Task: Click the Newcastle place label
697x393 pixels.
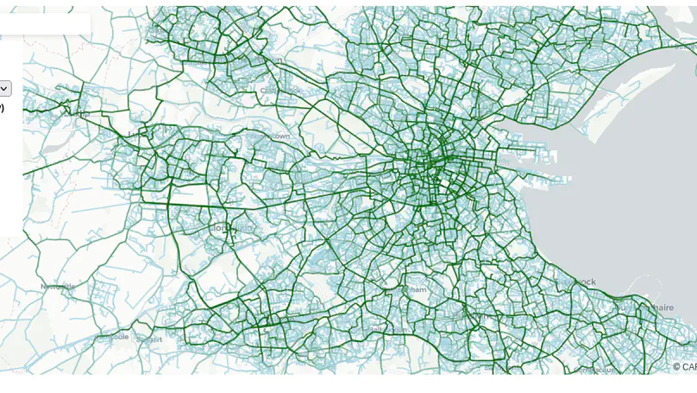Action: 58,286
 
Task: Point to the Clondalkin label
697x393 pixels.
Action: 231,228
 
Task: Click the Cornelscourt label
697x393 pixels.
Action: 595,369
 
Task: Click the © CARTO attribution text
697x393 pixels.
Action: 684,367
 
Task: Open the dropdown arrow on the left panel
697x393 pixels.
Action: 4,88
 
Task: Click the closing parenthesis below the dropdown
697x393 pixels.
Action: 2,108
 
